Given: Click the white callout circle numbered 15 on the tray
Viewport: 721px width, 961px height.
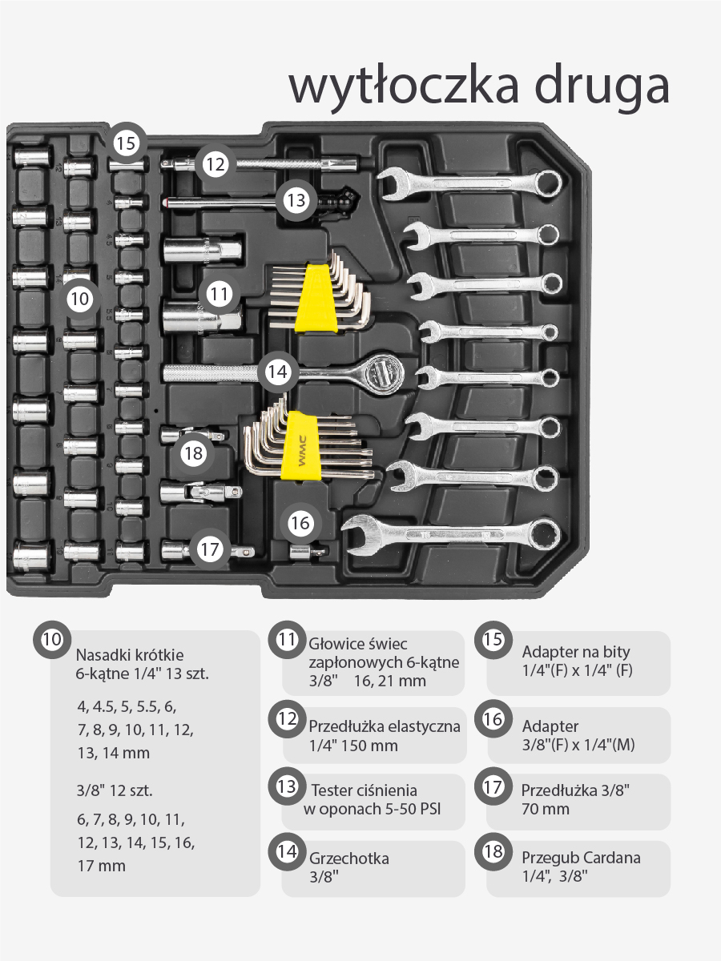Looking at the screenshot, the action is pos(127,143).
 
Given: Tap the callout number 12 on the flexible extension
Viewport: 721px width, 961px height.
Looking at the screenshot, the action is pos(215,164).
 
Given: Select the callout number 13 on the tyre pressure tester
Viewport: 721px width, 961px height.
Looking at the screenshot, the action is pos(296,200).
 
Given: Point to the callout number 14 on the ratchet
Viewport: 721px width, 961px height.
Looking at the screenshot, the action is pos(277,372).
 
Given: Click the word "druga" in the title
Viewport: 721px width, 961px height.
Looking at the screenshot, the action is pos(602,87).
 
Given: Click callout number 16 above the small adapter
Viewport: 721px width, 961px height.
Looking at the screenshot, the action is pos(300,523).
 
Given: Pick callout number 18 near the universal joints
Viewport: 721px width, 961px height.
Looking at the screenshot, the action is pos(194,452).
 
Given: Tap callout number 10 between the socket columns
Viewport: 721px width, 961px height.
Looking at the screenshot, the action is pos(79,299).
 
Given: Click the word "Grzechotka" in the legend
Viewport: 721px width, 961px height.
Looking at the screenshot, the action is pos(349,858).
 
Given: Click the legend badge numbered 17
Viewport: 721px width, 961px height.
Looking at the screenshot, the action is pos(493,786).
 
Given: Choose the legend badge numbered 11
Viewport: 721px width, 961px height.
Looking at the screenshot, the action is pos(287,640).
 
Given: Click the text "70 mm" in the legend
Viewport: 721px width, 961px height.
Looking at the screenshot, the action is pos(546,809).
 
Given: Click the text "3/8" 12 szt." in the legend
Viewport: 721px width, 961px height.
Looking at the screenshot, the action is pos(115,790).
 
